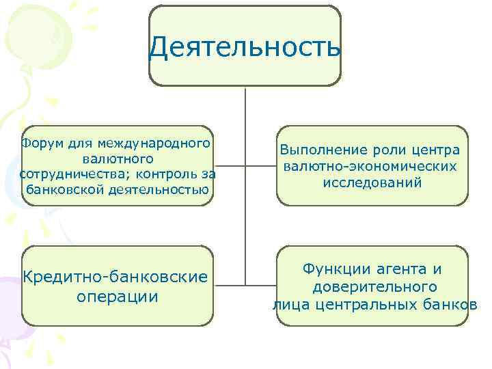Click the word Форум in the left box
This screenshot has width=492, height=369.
tap(40, 144)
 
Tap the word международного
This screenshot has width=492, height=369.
tap(152, 144)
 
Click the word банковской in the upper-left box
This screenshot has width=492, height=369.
tap(64, 189)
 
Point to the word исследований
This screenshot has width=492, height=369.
tap(372, 182)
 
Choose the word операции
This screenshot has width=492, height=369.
tap(118, 297)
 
